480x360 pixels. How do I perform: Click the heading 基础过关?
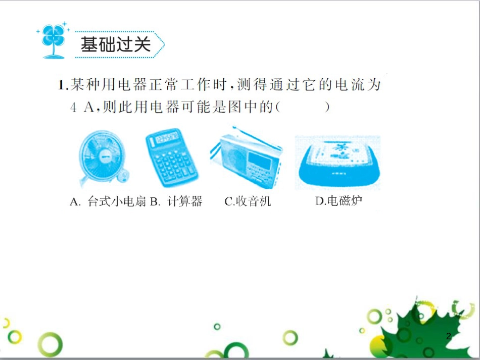click(x=116, y=45)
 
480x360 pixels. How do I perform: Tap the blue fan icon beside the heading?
click(x=52, y=40)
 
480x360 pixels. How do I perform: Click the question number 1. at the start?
click(x=63, y=85)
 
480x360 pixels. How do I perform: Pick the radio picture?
click(x=246, y=158)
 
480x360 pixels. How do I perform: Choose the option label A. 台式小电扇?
click(x=108, y=201)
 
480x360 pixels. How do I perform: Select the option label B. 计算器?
click(x=176, y=201)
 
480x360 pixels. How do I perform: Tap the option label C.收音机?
click(x=248, y=201)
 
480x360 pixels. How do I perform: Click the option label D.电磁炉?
click(x=339, y=201)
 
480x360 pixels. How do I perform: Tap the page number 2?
click(x=448, y=337)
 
